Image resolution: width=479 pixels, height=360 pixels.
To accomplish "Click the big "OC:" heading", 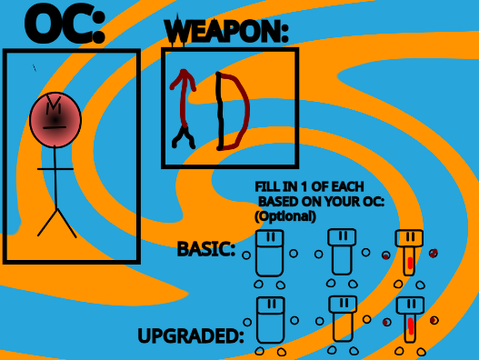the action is pos(65,25).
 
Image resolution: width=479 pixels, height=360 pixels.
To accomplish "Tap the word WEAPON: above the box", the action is pos(227,31).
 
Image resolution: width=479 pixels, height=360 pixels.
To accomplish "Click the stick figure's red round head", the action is pos(55,120).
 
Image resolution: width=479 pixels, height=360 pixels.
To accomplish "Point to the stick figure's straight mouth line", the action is pos(54,128).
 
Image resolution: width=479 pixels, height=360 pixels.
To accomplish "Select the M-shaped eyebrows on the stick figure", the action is pos(53,103).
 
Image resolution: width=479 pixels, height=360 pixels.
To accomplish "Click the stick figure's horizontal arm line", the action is pos(55,169).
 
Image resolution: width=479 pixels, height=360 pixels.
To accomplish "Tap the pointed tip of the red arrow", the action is pos(183,70).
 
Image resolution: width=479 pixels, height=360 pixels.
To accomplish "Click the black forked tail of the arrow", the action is pos(183,137).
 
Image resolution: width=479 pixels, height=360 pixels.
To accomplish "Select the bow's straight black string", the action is pos(220,111).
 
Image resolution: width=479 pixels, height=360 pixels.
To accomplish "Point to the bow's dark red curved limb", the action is pos(248,110).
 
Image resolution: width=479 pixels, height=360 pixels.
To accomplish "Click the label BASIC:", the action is pos(206,249).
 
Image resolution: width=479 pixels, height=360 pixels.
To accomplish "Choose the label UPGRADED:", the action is pos(191,336).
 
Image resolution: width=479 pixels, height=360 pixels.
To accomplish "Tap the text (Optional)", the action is pos(285,216).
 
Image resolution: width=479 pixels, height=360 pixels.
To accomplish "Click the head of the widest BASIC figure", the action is pos(270,238).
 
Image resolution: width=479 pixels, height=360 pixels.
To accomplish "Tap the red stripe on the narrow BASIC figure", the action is pos(410,263).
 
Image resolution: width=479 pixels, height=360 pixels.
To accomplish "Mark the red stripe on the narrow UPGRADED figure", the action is pos(411,326).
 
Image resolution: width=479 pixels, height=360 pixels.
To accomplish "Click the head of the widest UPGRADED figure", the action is pos(271,305).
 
